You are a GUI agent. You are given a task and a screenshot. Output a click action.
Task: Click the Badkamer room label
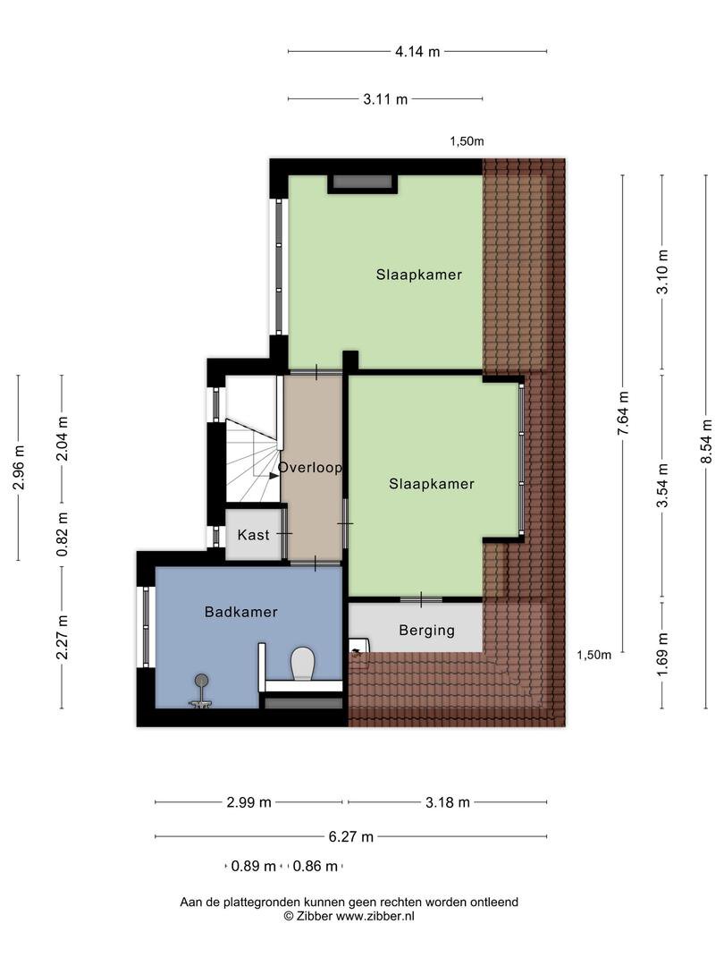click(240, 612)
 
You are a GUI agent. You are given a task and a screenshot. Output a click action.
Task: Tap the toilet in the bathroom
click(303, 663)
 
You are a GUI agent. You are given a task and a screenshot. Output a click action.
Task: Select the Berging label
click(426, 631)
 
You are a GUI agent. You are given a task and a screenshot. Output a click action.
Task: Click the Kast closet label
click(253, 535)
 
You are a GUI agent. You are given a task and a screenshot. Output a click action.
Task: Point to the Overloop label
click(309, 468)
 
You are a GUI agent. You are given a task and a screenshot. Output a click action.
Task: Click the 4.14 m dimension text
click(417, 52)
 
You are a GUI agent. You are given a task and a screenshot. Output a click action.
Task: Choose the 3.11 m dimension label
click(385, 98)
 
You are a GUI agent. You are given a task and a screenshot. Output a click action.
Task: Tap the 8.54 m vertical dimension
click(707, 441)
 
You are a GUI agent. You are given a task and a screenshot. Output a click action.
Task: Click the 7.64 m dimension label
click(623, 413)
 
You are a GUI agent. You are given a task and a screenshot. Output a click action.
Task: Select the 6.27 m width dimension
click(351, 836)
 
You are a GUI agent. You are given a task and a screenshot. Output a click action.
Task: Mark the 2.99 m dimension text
click(248, 802)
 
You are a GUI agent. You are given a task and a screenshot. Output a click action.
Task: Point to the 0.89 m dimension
click(254, 866)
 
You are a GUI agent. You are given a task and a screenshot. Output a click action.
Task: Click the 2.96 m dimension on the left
click(19, 468)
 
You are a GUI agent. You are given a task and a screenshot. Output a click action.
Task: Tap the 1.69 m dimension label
click(662, 654)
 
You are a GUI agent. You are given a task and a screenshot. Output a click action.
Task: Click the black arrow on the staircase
click(272, 475)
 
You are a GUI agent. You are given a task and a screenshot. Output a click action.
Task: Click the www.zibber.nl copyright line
click(349, 916)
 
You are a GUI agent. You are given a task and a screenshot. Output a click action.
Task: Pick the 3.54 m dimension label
click(662, 486)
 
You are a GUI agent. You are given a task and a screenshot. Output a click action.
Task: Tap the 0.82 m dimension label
click(63, 534)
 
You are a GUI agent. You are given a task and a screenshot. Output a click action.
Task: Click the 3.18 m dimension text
click(448, 802)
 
